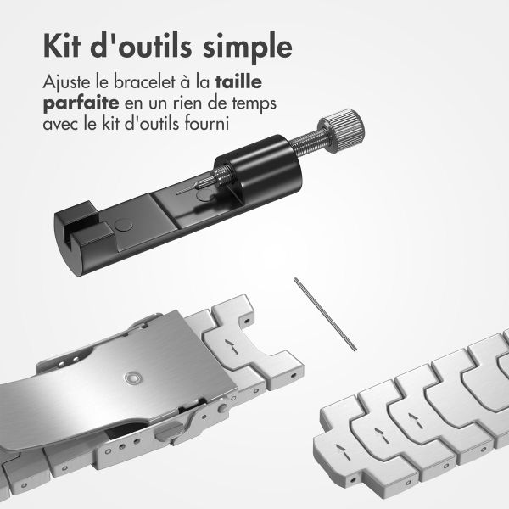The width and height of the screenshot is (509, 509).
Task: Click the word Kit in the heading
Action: [x=62, y=47]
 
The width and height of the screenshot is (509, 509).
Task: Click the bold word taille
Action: [x=238, y=81]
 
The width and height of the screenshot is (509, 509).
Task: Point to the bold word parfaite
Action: [x=81, y=103]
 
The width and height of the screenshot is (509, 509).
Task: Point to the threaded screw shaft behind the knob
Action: [x=307, y=143]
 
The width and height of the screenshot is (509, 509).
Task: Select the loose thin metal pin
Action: [x=325, y=314]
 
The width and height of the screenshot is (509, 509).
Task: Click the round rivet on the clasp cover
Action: [x=132, y=378]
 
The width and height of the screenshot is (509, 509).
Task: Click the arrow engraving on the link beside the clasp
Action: [x=232, y=347]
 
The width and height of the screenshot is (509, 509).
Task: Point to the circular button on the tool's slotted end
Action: [x=125, y=226]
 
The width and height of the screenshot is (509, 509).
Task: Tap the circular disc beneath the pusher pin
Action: [x=206, y=195]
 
